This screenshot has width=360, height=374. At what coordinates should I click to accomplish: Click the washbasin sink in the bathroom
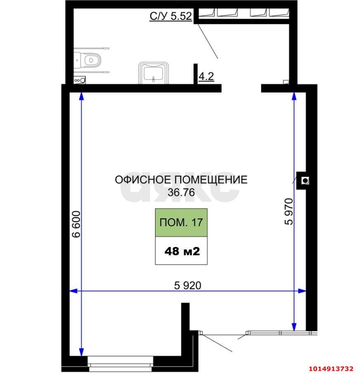154,73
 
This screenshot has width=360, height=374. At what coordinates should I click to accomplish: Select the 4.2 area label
206,77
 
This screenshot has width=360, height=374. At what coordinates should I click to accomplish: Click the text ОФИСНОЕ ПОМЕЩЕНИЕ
181,180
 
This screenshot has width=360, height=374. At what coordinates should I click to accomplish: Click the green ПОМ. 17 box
181,223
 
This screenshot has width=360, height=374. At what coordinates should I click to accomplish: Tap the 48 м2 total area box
181,251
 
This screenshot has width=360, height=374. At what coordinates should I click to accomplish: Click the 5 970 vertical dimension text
289,211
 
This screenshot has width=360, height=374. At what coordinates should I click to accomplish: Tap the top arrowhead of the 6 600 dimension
81,96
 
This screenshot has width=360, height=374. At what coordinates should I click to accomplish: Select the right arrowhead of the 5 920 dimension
304,291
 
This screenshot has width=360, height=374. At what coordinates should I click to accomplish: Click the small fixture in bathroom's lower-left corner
79,80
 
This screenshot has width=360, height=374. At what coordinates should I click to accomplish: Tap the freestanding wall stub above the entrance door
186,315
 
